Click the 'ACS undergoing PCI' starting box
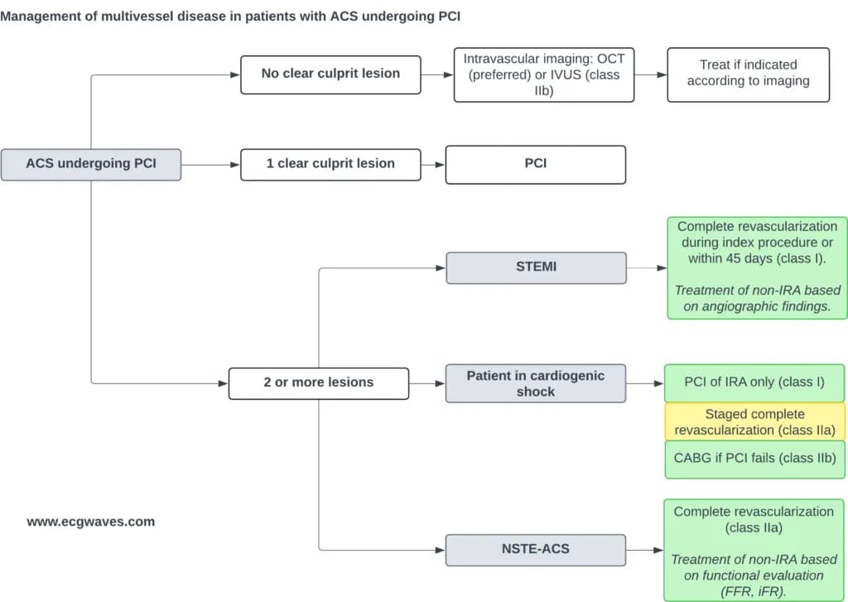click(91, 165)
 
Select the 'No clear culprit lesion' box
click(330, 75)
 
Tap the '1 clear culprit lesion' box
click(330, 165)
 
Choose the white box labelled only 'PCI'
click(536, 165)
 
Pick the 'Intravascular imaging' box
click(544, 75)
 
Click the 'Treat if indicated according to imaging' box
click(749, 75)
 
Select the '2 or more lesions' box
click(319, 383)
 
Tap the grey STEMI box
click(536, 267)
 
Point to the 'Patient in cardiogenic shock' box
click(536, 383)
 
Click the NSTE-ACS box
click(536, 550)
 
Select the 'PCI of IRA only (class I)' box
click(754, 383)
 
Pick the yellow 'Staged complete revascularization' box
click(755, 421)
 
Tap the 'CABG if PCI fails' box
click(755, 460)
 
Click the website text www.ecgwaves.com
click(91, 522)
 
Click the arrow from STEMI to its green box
click(647, 267)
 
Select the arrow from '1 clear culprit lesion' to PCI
click(433, 165)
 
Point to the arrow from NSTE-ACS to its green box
click(644, 550)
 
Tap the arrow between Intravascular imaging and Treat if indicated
click(651, 75)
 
